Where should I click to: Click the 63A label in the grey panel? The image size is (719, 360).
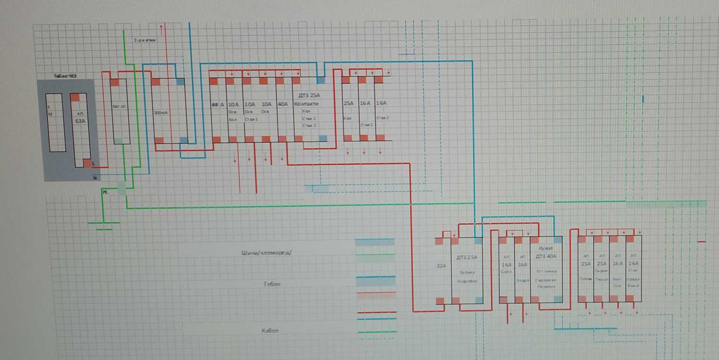click(80, 121)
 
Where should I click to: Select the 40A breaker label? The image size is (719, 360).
click(283, 104)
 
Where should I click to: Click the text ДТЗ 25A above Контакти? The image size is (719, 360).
click(309, 96)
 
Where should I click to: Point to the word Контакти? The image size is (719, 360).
click(307, 104)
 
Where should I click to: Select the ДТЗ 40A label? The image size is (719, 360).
click(546, 256)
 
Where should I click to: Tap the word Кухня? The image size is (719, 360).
click(546, 248)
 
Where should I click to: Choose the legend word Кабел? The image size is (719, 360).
click(270, 331)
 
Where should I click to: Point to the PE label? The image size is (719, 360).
click(104, 192)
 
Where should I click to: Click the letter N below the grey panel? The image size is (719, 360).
click(95, 178)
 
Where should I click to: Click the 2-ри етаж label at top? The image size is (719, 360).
click(145, 40)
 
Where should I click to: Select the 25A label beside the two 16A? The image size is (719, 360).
click(348, 104)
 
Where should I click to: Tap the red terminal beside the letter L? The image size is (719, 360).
click(87, 163)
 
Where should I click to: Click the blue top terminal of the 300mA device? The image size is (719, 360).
click(180, 82)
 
